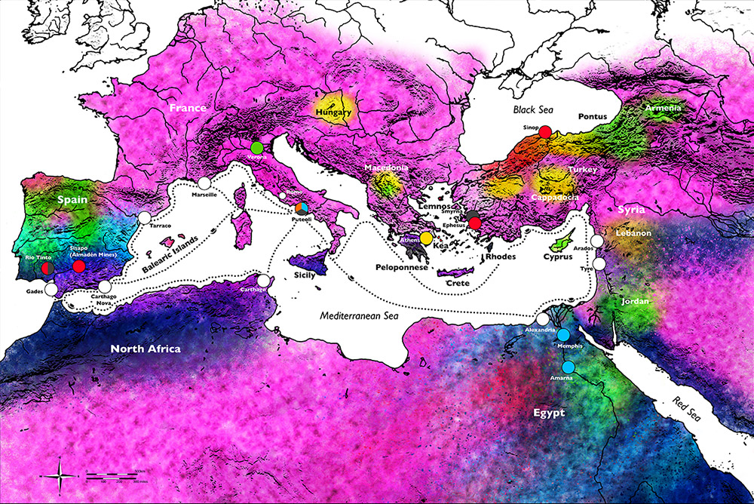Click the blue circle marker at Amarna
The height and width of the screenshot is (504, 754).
point(569,367)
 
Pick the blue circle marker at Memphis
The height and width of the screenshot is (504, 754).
point(563,334)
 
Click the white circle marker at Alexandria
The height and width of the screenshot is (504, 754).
point(543,319)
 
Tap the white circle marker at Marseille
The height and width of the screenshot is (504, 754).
point(204,183)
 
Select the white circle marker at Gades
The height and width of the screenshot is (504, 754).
point(51,289)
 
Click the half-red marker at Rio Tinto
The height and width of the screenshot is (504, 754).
point(47,268)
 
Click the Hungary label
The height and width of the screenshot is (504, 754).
point(334,113)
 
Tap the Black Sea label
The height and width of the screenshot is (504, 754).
point(534,109)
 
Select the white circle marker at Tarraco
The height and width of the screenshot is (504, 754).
point(145,217)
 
